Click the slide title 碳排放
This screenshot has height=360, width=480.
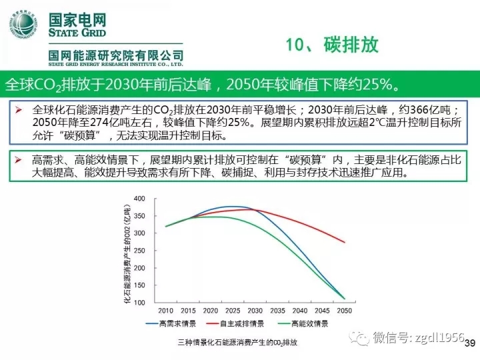(351, 45)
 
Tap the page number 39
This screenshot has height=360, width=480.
(469, 343)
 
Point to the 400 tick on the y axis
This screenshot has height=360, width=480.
(139, 199)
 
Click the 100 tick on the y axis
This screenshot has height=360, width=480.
(139, 303)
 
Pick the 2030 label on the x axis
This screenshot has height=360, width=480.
(254, 311)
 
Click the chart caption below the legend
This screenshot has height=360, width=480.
(237, 343)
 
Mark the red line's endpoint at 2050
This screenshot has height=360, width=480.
(345, 242)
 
